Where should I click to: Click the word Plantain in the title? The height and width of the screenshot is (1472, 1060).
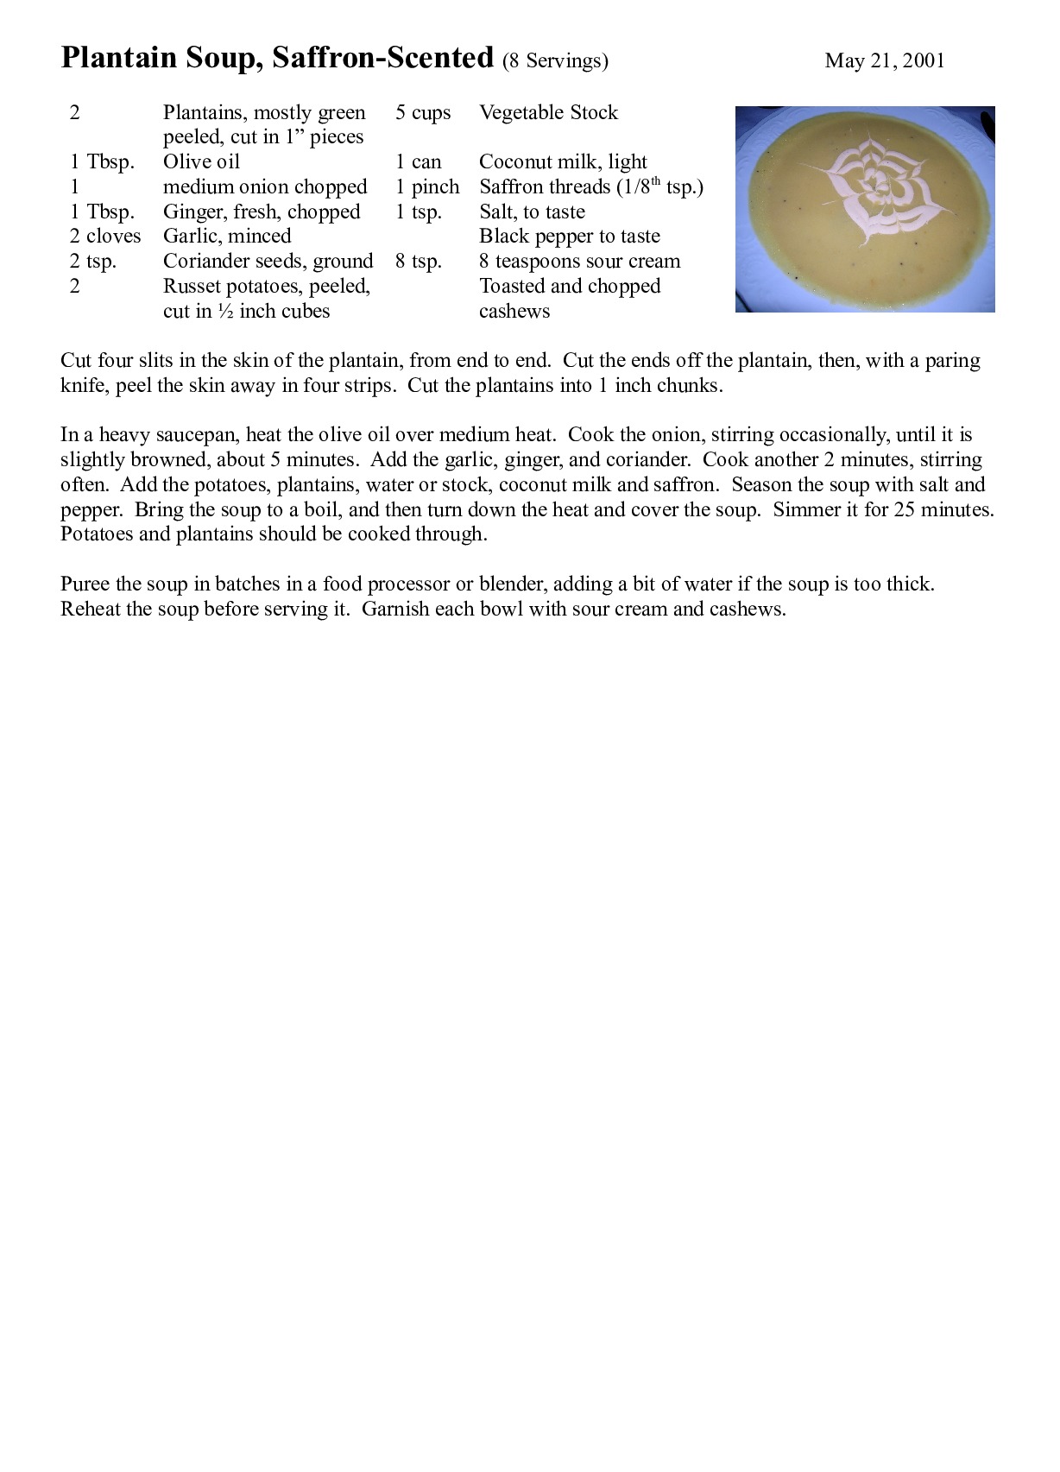[120, 59]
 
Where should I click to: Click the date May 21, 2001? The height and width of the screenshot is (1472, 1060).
[884, 60]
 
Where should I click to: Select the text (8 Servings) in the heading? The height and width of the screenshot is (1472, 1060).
[555, 60]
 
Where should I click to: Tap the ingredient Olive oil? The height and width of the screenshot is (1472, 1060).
[201, 161]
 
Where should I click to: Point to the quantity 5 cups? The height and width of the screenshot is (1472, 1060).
[423, 112]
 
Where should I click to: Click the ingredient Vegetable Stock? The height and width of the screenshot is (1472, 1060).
[548, 112]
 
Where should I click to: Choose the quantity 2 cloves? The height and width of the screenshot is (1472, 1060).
[105, 236]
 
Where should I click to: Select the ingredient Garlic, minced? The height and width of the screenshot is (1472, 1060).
[227, 236]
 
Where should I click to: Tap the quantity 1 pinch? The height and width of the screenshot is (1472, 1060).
[427, 186]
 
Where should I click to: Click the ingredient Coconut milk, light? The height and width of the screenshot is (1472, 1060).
[563, 161]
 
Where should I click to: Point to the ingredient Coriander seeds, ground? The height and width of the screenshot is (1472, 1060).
[268, 261]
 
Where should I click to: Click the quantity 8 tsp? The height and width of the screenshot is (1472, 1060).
[419, 261]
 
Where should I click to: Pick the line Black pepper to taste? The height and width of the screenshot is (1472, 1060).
[569, 236]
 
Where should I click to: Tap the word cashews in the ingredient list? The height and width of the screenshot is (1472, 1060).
[514, 311]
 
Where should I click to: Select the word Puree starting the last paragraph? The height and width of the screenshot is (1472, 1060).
[84, 584]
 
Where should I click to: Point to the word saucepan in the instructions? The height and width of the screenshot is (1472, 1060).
[199, 434]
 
